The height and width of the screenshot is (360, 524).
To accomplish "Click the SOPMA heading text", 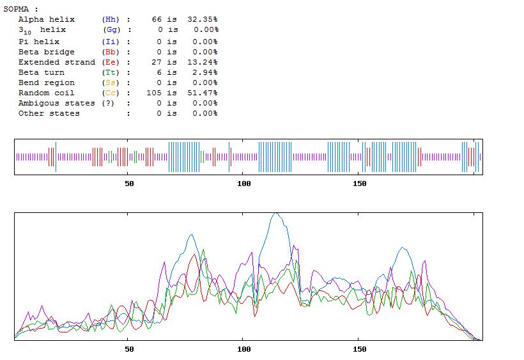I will pyautogui.click(x=20, y=9).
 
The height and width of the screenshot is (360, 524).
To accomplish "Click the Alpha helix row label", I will pyautogui.click(x=46, y=19).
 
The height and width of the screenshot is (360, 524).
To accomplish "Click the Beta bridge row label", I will pyautogui.click(x=46, y=52).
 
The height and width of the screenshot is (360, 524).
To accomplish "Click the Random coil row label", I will pyautogui.click(x=46, y=93).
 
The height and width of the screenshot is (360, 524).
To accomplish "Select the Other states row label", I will pyautogui.click(x=49, y=113).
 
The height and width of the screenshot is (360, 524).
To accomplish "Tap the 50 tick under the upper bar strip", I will pyautogui.click(x=129, y=184).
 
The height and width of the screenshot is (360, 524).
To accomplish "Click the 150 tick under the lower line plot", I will pyautogui.click(x=360, y=349).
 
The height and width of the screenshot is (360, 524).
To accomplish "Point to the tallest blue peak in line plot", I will pyautogui.click(x=275, y=214).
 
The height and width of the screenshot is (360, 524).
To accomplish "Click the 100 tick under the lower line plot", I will pyautogui.click(x=244, y=349).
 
